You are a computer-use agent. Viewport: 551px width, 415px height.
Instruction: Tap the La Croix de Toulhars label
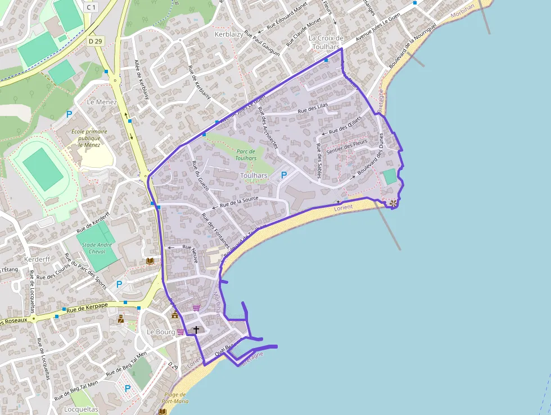click(x=326, y=43)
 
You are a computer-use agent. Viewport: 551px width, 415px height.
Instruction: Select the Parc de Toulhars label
click(x=246, y=155)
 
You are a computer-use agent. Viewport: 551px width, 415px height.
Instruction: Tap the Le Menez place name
click(x=102, y=102)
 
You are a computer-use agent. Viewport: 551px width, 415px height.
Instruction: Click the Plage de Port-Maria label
click(x=175, y=398)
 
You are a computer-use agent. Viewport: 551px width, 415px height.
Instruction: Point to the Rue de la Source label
click(x=239, y=202)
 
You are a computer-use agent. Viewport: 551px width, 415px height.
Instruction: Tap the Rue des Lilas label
click(x=313, y=107)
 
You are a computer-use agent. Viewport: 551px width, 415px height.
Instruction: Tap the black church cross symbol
click(x=196, y=329)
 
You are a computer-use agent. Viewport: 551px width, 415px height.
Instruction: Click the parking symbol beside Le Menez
click(x=70, y=114)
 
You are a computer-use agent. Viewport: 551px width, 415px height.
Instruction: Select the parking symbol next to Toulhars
click(x=284, y=176)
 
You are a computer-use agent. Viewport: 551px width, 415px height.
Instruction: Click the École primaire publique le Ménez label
click(x=89, y=137)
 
